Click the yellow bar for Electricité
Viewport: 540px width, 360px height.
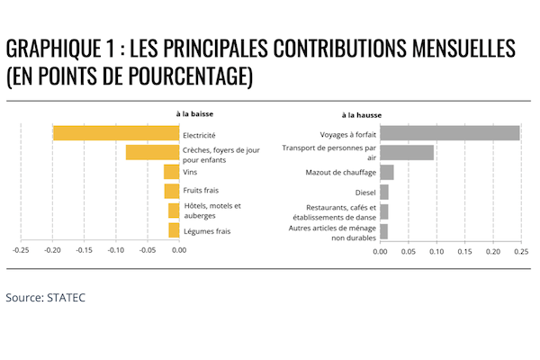coord(116,133)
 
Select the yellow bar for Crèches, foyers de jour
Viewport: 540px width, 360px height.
coord(153,153)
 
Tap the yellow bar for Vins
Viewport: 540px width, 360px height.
coord(172,172)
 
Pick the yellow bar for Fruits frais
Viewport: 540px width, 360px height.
coord(172,191)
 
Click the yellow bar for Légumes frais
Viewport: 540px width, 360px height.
coord(174,230)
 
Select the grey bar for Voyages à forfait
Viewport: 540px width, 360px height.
coord(450,133)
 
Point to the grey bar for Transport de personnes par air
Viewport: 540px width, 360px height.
coord(407,153)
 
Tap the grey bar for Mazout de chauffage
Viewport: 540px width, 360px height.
coord(387,172)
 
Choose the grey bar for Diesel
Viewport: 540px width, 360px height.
coord(384,193)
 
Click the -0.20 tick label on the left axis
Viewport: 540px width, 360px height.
coord(52,250)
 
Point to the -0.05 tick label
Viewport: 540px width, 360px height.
coord(148,250)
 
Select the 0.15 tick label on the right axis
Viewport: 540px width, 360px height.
coord(464,251)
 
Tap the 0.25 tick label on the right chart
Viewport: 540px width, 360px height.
coord(521,251)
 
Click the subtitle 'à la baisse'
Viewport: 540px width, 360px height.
coord(194,113)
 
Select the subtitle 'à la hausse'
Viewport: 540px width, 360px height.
coord(362,115)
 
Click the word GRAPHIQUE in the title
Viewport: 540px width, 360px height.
coord(53,48)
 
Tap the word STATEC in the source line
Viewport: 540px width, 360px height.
coord(66,297)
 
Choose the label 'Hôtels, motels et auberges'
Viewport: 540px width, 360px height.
coord(212,211)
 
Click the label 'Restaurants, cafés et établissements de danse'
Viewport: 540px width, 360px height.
coord(335,212)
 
